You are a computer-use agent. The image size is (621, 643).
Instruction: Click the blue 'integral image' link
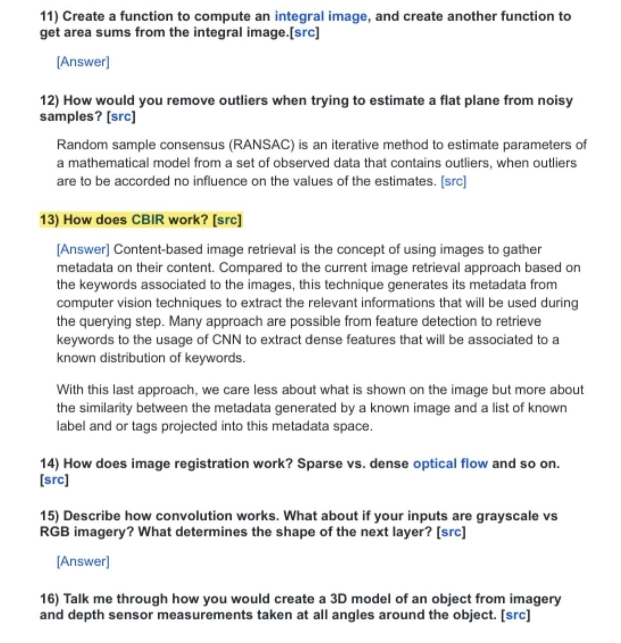pyautogui.click(x=321, y=16)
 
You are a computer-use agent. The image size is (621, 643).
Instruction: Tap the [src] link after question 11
pyautogui.click(x=304, y=33)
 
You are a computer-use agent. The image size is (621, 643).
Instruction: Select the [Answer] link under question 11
pyautogui.click(x=83, y=62)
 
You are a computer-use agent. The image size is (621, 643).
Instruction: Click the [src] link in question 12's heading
pyautogui.click(x=121, y=116)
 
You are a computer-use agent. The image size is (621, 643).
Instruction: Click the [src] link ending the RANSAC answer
pyautogui.click(x=453, y=181)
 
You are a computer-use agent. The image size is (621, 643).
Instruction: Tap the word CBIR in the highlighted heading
pyautogui.click(x=148, y=220)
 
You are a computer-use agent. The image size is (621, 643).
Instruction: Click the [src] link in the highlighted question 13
pyautogui.click(x=227, y=220)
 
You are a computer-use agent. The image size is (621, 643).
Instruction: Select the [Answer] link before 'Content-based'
pyautogui.click(x=83, y=249)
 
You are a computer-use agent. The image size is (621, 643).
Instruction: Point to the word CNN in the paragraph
pyautogui.click(x=227, y=340)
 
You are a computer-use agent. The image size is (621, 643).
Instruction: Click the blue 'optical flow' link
pyautogui.click(x=450, y=463)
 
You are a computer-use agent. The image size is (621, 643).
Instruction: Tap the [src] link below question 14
pyautogui.click(x=54, y=480)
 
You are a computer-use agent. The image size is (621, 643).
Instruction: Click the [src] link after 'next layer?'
pyautogui.click(x=451, y=532)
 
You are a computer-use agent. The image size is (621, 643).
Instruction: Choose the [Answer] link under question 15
pyautogui.click(x=83, y=561)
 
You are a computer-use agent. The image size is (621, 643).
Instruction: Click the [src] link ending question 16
pyautogui.click(x=515, y=615)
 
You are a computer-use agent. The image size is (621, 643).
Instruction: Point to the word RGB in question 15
pyautogui.click(x=54, y=532)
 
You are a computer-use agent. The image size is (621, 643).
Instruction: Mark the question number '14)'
pyautogui.click(x=49, y=463)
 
